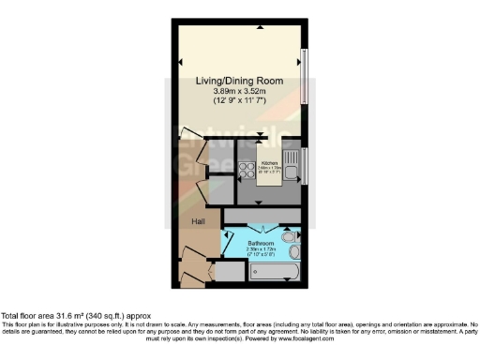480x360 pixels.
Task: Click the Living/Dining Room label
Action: pos(238,82)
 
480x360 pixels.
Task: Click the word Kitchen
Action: pos(270,161)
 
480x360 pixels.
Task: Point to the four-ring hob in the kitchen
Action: pos(247,172)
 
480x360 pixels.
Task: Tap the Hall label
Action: pos(198,221)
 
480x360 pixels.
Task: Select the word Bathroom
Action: pos(262,242)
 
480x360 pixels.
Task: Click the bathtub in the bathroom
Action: pos(269,272)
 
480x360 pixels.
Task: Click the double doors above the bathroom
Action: pos(262,226)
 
